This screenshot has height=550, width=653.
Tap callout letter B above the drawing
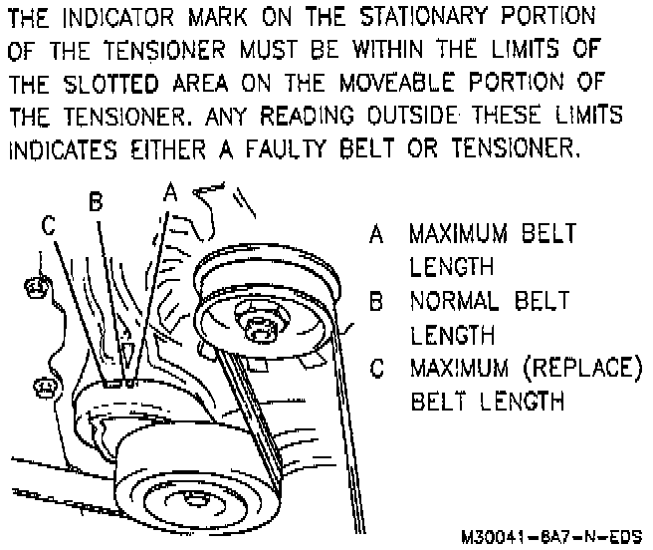tap(96, 202)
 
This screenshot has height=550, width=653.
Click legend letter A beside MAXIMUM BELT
tap(375, 235)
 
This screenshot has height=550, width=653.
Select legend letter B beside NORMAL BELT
tap(375, 300)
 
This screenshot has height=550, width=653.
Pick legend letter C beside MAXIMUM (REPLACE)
tap(375, 368)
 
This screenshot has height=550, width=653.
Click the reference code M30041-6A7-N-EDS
tap(551, 535)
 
